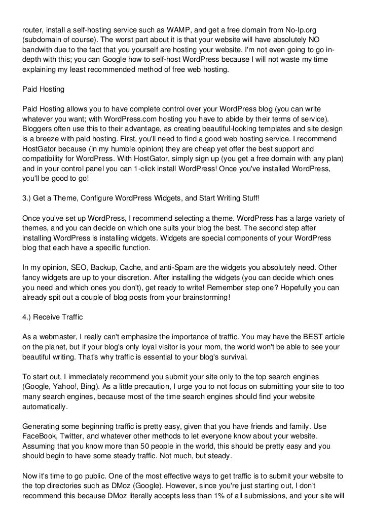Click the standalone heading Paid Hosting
pos(44,89)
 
